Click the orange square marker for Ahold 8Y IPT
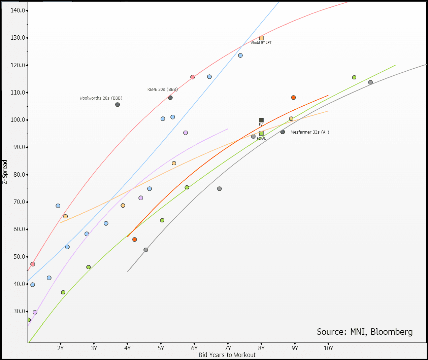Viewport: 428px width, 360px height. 261,38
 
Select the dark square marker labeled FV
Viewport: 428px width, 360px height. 261,120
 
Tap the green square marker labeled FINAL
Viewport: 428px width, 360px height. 261,134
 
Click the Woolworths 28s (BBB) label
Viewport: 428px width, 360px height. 101,98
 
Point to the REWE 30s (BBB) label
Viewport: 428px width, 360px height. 163,89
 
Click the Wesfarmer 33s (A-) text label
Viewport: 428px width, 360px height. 310,132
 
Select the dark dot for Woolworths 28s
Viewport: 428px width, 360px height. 118,105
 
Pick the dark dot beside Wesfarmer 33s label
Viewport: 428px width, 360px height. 283,132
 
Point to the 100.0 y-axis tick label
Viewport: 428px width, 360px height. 18,120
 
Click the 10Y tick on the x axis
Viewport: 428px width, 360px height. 328,348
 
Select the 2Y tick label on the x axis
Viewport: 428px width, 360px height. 61,348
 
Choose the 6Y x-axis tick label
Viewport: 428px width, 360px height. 194,348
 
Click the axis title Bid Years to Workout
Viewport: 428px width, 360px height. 227,355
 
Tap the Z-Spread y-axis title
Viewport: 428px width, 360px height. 5,172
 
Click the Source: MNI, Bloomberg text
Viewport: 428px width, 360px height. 365,332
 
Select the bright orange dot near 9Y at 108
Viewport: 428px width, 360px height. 293,98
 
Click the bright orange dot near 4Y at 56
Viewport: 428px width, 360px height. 135,240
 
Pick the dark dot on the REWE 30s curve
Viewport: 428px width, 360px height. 170,98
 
